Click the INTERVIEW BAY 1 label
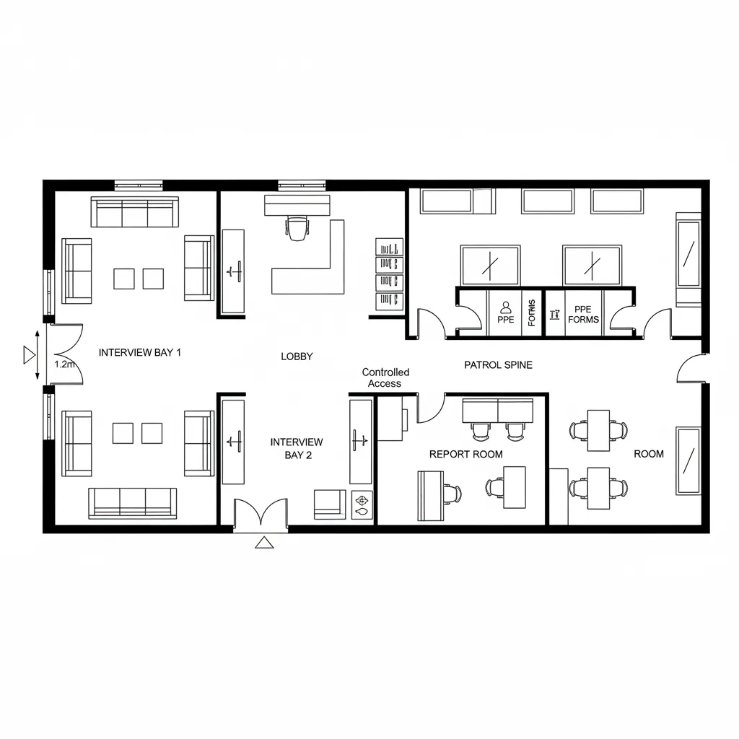tap(139, 353)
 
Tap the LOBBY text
tap(297, 357)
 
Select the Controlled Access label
tap(385, 377)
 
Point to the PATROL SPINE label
tap(498, 365)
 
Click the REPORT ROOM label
tap(465, 454)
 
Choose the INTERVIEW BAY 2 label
tap(297, 448)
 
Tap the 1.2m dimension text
tap(64, 364)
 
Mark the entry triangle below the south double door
tap(265, 543)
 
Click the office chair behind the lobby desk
tap(297, 229)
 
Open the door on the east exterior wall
tap(691, 368)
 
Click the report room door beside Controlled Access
tap(431, 408)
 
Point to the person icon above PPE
tap(505, 307)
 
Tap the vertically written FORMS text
tap(533, 312)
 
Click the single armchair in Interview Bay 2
tap(330, 504)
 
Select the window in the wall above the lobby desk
tap(302, 185)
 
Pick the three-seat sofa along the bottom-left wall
tap(132, 502)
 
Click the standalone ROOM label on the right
tap(648, 454)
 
